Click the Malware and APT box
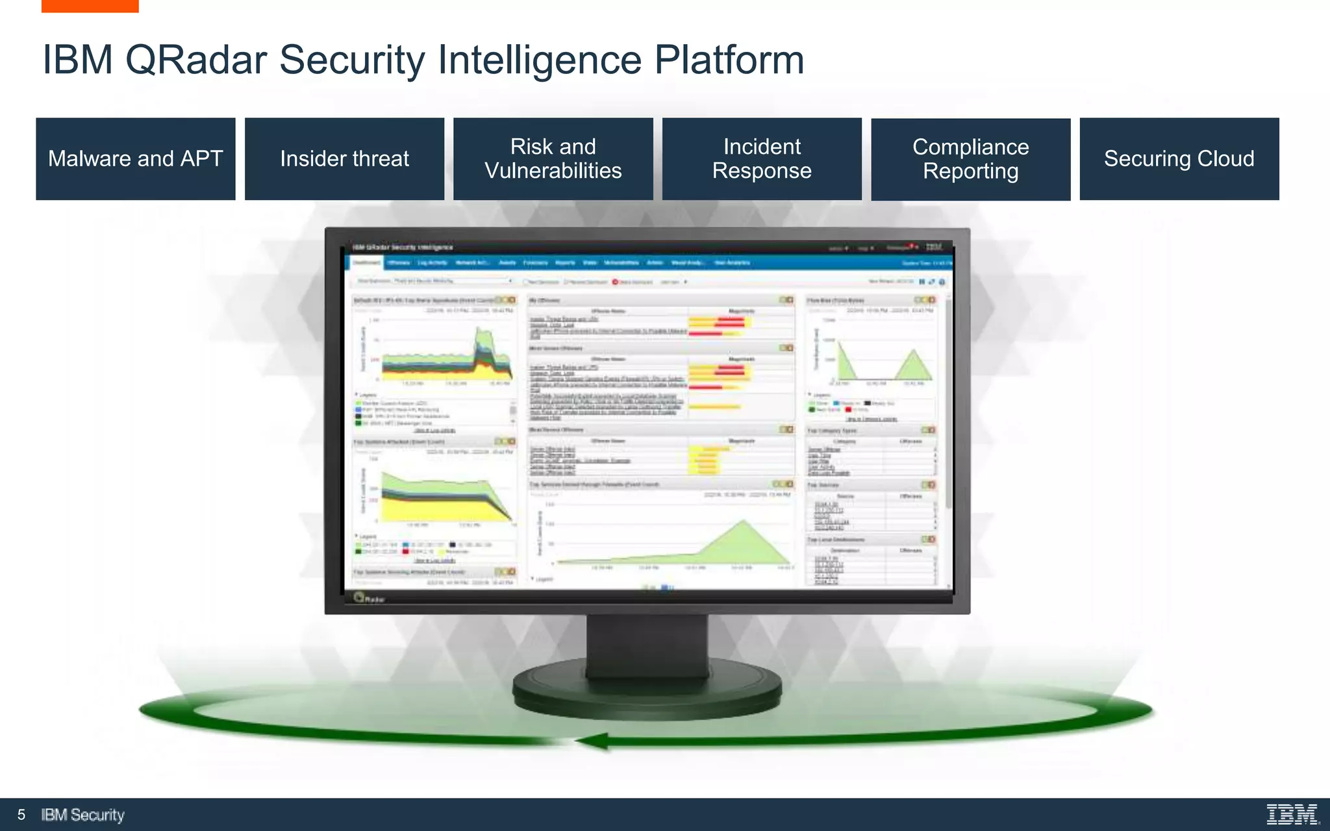tap(135, 159)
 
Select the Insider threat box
tap(344, 159)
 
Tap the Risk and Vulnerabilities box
tap(553, 159)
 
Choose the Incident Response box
tap(762, 159)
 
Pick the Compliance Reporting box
tap(970, 159)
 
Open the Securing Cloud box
tap(1179, 159)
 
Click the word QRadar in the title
tap(195, 60)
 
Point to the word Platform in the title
tap(729, 60)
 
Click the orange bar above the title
tap(90, 6)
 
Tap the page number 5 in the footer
tap(21, 815)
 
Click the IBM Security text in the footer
tap(82, 815)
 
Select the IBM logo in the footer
tap(1292, 814)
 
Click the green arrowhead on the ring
tap(592, 741)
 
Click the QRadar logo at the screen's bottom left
tap(368, 598)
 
